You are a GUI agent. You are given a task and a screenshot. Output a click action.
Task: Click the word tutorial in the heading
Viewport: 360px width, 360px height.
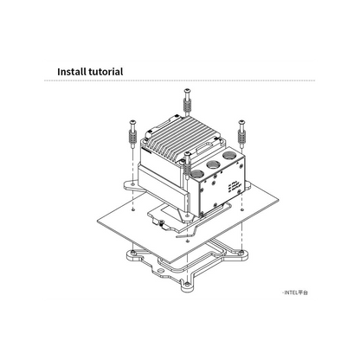(106, 72)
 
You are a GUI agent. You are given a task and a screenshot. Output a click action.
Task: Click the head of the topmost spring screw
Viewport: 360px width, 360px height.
(187, 91)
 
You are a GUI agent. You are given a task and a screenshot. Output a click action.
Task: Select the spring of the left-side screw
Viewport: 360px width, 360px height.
(132, 137)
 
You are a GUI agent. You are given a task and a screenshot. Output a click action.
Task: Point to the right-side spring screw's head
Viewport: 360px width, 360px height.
(241, 122)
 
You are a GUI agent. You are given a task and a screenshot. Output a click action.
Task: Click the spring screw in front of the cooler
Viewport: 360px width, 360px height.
(187, 165)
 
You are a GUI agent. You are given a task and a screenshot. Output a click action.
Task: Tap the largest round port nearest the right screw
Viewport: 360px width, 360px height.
(229, 157)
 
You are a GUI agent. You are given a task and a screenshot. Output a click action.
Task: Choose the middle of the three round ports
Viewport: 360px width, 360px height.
(213, 165)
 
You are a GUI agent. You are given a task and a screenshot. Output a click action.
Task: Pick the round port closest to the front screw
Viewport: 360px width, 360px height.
(198, 174)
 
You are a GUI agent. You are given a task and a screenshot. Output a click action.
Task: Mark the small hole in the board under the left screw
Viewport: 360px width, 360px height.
(132, 209)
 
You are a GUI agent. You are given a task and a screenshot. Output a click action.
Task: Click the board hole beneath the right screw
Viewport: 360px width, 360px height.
(242, 209)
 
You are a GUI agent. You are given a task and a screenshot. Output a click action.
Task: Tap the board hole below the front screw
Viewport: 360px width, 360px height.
(187, 241)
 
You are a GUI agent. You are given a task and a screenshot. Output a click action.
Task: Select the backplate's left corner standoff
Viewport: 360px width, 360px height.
(132, 254)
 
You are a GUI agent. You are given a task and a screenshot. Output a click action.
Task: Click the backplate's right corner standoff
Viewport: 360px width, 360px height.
(241, 254)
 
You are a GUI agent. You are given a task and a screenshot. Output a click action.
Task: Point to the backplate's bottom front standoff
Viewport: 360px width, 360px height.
(187, 285)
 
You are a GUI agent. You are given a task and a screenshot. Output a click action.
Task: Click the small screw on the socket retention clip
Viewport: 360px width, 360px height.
(161, 222)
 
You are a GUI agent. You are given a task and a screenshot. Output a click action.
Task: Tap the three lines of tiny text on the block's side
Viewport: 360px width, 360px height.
(233, 187)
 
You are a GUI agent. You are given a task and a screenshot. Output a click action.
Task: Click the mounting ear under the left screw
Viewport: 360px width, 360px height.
(132, 185)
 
